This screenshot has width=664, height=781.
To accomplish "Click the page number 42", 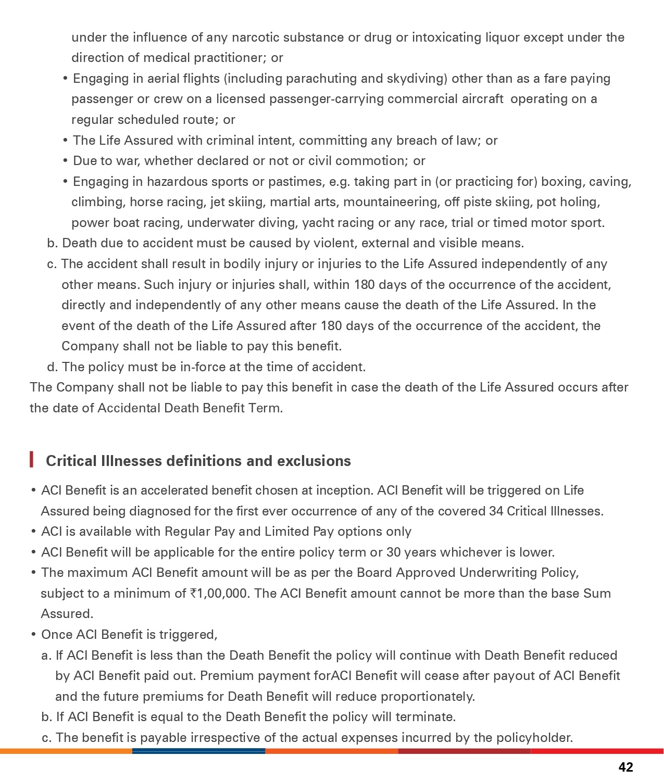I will tap(625, 767).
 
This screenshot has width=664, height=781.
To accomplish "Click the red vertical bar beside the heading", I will tap(32, 460).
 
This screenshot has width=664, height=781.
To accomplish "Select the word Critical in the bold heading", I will tap(71, 461).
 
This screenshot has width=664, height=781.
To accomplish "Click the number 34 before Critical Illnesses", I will tap(496, 511).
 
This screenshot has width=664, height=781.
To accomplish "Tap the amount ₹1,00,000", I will tap(219, 594).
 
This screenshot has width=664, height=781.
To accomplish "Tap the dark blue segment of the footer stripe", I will tap(198, 751).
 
